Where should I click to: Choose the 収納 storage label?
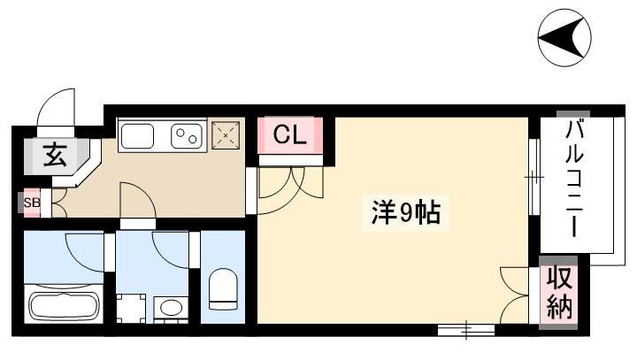coord(559,294)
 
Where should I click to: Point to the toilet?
coord(222,290)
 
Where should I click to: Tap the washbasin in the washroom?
coord(171,309)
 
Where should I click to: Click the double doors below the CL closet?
coord(288,184)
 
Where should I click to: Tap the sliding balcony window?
coord(534,181)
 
